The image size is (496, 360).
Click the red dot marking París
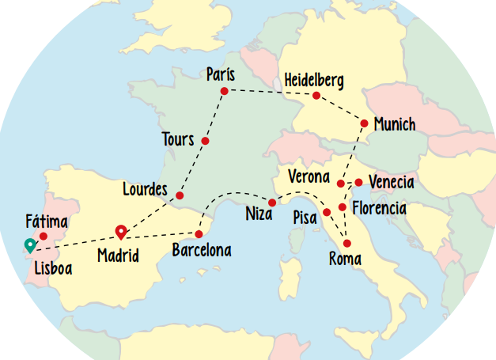click(224, 91)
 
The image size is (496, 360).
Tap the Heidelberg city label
click(314, 79)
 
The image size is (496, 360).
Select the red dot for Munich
click(364, 123)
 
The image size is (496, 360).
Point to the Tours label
click(177, 140)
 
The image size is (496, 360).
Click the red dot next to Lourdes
click(180, 195)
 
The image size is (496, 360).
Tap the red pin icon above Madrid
click(121, 231)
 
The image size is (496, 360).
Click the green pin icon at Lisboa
click(29, 245)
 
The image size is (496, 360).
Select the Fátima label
click(46, 221)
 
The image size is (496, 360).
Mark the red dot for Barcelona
click(199, 234)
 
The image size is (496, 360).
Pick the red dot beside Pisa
click(327, 212)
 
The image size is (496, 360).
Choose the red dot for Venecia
click(358, 183)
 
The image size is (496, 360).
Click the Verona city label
click(309, 175)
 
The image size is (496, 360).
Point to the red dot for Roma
click(346, 243)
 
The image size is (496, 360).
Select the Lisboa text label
click(53, 268)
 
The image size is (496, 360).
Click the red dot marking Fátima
click(44, 236)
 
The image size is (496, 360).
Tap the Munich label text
click(394, 125)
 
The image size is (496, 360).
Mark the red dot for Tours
click(205, 141)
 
